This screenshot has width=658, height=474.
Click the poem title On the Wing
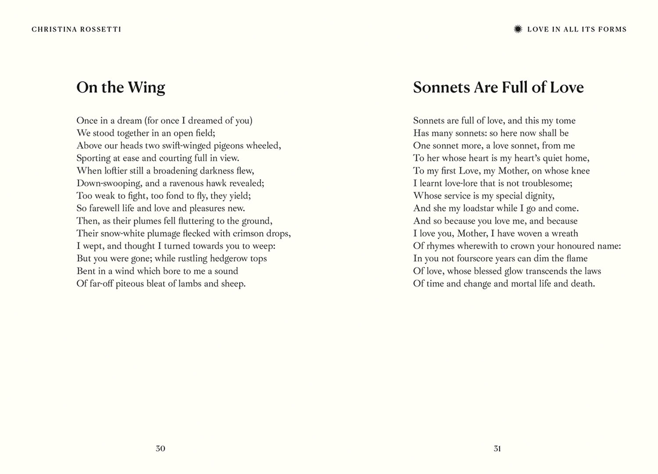121,87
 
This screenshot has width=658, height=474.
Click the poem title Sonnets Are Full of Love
498,87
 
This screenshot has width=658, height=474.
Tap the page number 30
161,449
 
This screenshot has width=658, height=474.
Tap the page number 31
497,449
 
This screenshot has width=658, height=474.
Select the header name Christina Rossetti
76,29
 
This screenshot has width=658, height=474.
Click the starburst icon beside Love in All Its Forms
518,29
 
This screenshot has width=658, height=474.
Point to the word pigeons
229,146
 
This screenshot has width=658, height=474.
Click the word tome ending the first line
565,121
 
